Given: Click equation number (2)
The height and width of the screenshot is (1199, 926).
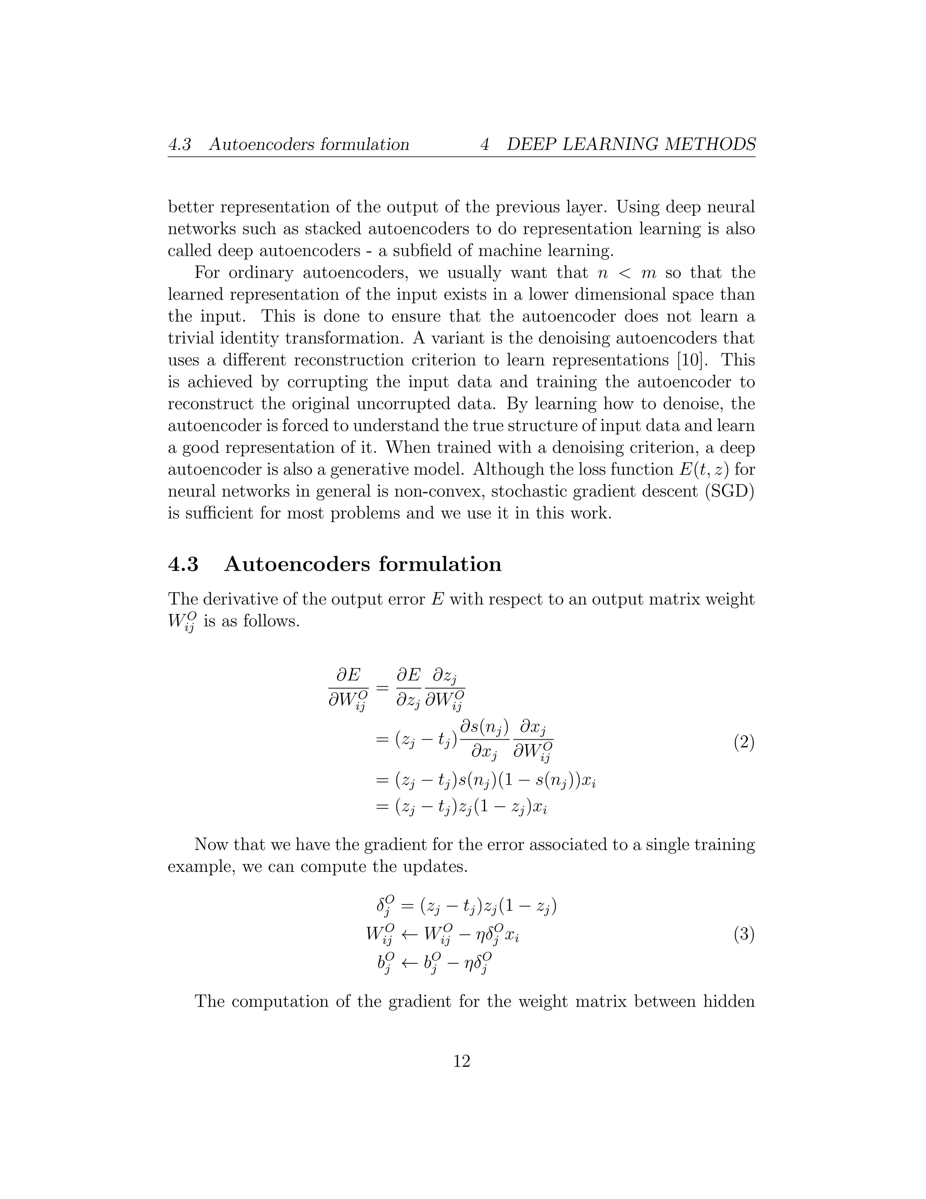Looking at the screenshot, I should (x=743, y=743).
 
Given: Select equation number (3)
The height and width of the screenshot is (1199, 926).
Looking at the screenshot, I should (x=743, y=934).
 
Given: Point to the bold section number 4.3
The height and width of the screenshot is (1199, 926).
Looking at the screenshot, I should (x=183, y=564).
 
